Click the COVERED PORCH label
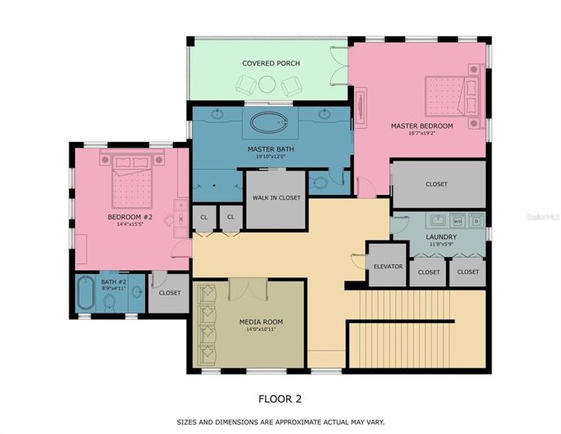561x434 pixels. click(271, 64)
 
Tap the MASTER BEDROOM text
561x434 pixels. click(421, 126)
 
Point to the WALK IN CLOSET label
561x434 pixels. click(276, 197)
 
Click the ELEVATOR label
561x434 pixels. click(388, 266)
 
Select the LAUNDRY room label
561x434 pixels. click(441, 237)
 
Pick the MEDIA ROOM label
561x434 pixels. click(261, 322)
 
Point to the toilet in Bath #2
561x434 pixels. click(109, 301)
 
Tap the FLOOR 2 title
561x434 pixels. click(280, 399)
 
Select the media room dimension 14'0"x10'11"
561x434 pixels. click(261, 330)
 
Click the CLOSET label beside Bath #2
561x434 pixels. click(170, 293)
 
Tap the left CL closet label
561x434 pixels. click(203, 217)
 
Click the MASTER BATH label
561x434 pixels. click(270, 149)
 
